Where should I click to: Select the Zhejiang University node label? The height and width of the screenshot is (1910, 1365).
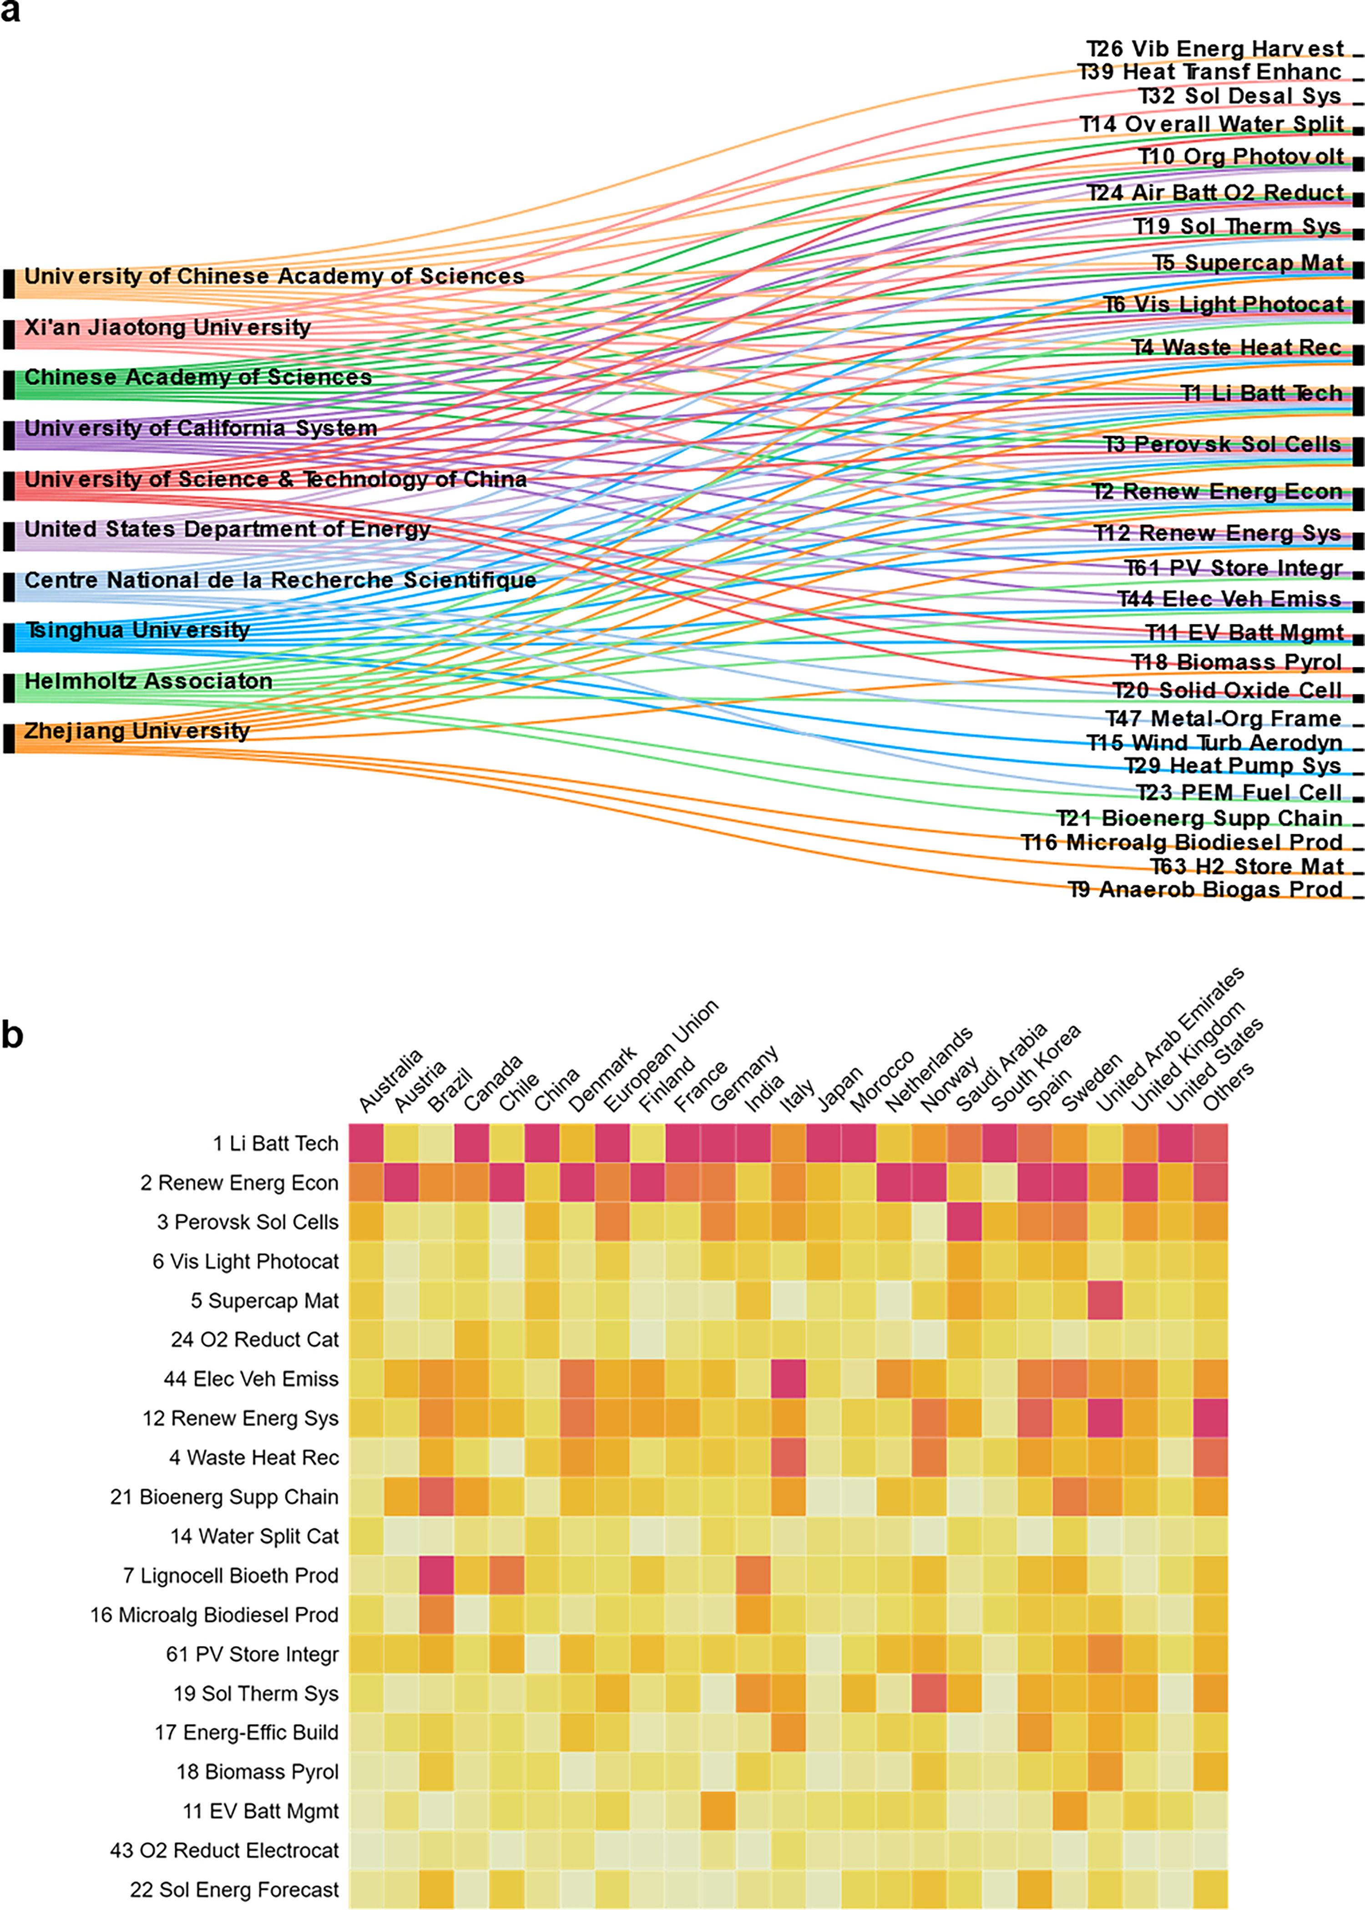click(137, 731)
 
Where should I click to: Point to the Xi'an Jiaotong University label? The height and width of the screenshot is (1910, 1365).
click(167, 328)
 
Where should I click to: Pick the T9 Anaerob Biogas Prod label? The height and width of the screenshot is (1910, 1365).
click(1205, 889)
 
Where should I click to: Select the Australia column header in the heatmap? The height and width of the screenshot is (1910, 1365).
click(390, 1081)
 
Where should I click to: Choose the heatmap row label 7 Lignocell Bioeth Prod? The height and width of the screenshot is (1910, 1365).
click(230, 1576)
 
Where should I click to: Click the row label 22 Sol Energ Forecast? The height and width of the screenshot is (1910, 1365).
click(234, 1890)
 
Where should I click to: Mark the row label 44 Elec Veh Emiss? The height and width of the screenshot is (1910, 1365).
click(250, 1379)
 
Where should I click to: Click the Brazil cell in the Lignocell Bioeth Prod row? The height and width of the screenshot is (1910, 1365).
click(437, 1576)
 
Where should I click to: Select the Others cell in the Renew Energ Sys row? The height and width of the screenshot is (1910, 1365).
click(1210, 1418)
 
